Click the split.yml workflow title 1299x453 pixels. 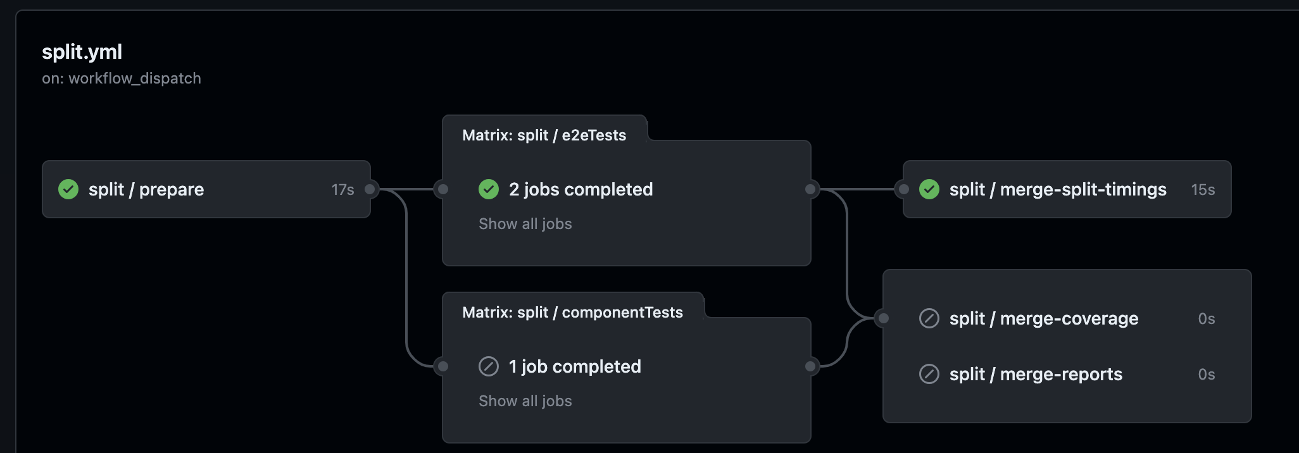pyautogui.click(x=82, y=52)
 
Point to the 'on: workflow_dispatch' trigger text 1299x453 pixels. pyautogui.click(x=122, y=78)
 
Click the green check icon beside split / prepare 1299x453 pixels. pyautogui.click(x=68, y=189)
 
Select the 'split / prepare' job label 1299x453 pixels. pyautogui.click(x=146, y=189)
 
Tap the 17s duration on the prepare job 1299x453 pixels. pyautogui.click(x=342, y=190)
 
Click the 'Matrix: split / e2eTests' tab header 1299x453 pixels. pyautogui.click(x=544, y=135)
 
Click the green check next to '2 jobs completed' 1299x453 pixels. pyautogui.click(x=489, y=189)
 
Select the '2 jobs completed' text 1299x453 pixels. pyautogui.click(x=580, y=189)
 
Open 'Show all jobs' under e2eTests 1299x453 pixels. pyautogui.click(x=525, y=224)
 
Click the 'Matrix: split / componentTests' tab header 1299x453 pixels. pyautogui.click(x=572, y=313)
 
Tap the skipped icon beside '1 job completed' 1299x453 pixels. pyautogui.click(x=489, y=366)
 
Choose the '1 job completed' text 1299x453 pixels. pyautogui.click(x=575, y=366)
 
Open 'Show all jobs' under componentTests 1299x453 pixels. pyautogui.click(x=525, y=401)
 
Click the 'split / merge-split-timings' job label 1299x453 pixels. pyautogui.click(x=1057, y=189)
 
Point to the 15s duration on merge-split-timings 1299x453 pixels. pyautogui.click(x=1203, y=190)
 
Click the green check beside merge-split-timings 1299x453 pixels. pyautogui.click(x=929, y=189)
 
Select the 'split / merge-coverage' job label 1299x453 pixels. pyautogui.click(x=1043, y=318)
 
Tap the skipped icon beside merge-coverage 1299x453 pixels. pyautogui.click(x=929, y=318)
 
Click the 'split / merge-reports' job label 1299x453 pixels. pyautogui.click(x=1036, y=374)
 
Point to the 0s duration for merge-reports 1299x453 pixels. pyautogui.click(x=1206, y=375)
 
